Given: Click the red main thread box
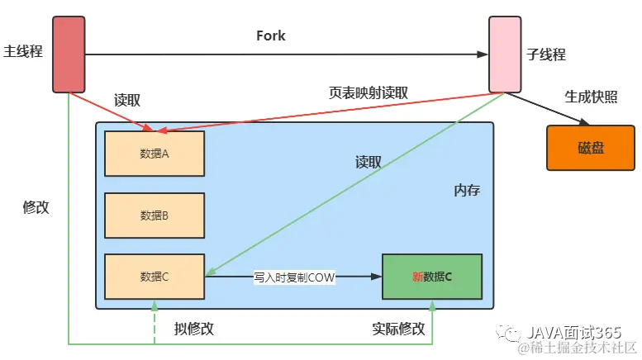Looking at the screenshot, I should (69, 54).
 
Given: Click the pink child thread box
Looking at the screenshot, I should (504, 54).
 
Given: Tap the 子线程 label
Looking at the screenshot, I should (546, 54).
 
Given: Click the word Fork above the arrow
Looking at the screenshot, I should (272, 36).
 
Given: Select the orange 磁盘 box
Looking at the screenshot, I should (590, 148).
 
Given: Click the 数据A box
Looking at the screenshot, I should (155, 153).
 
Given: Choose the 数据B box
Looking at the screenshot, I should (155, 216).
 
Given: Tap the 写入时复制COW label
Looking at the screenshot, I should (294, 278).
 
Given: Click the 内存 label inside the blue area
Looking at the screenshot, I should (467, 191).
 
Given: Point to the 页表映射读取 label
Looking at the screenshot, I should (369, 93).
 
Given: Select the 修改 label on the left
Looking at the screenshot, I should (36, 207).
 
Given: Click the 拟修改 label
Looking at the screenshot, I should (194, 328).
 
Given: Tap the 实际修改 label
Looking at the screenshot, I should (399, 328).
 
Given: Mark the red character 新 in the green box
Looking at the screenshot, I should (417, 277).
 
